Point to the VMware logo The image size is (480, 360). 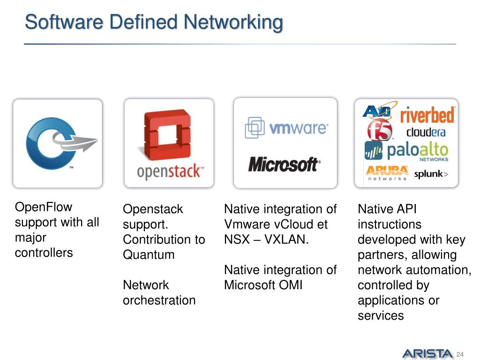tap(286, 127)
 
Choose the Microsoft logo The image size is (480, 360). tap(284, 165)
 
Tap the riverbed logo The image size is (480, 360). tap(427, 115)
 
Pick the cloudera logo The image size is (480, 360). tap(426, 132)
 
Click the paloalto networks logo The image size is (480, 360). tap(407, 151)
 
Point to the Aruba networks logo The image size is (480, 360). tap(387, 173)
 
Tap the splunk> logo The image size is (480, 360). tap(431, 175)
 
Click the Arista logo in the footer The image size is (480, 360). tap(427, 353)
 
